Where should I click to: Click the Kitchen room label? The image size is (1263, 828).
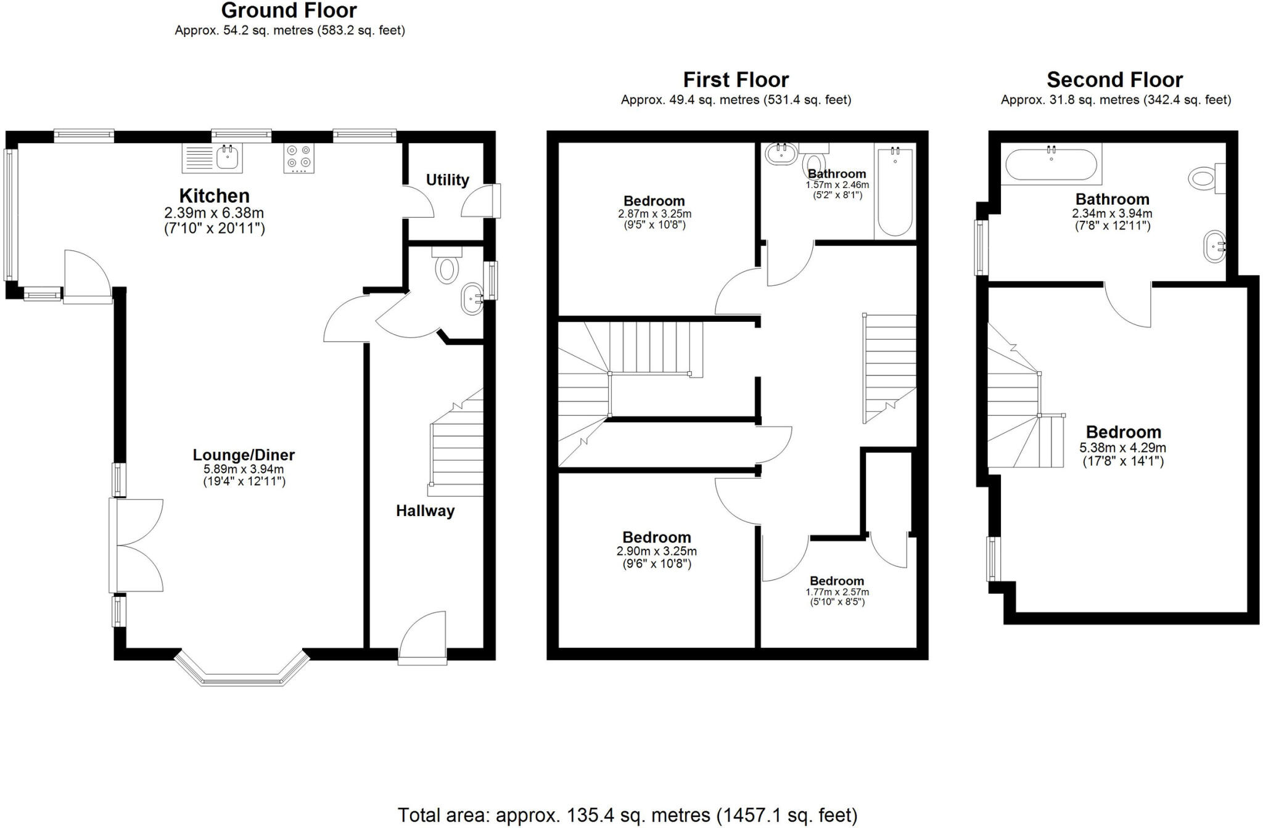coord(214,196)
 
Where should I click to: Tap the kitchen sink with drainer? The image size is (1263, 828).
coord(212,158)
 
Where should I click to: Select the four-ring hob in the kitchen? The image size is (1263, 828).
coord(298,158)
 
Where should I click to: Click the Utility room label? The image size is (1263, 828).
coord(447,180)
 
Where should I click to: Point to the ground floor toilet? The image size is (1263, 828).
coord(446,266)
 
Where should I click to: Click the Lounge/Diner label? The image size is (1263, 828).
coord(244,455)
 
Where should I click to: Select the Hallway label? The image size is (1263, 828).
coord(425,510)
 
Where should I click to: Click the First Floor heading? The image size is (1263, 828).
coord(736,80)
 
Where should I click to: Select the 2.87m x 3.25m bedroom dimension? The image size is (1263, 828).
coord(654,214)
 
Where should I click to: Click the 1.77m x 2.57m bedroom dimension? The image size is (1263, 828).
coord(837,592)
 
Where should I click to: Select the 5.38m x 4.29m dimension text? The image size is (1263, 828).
coord(1122,448)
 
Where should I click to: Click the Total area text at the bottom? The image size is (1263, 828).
coord(627,815)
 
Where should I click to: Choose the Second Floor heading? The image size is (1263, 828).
coord(1114,80)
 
